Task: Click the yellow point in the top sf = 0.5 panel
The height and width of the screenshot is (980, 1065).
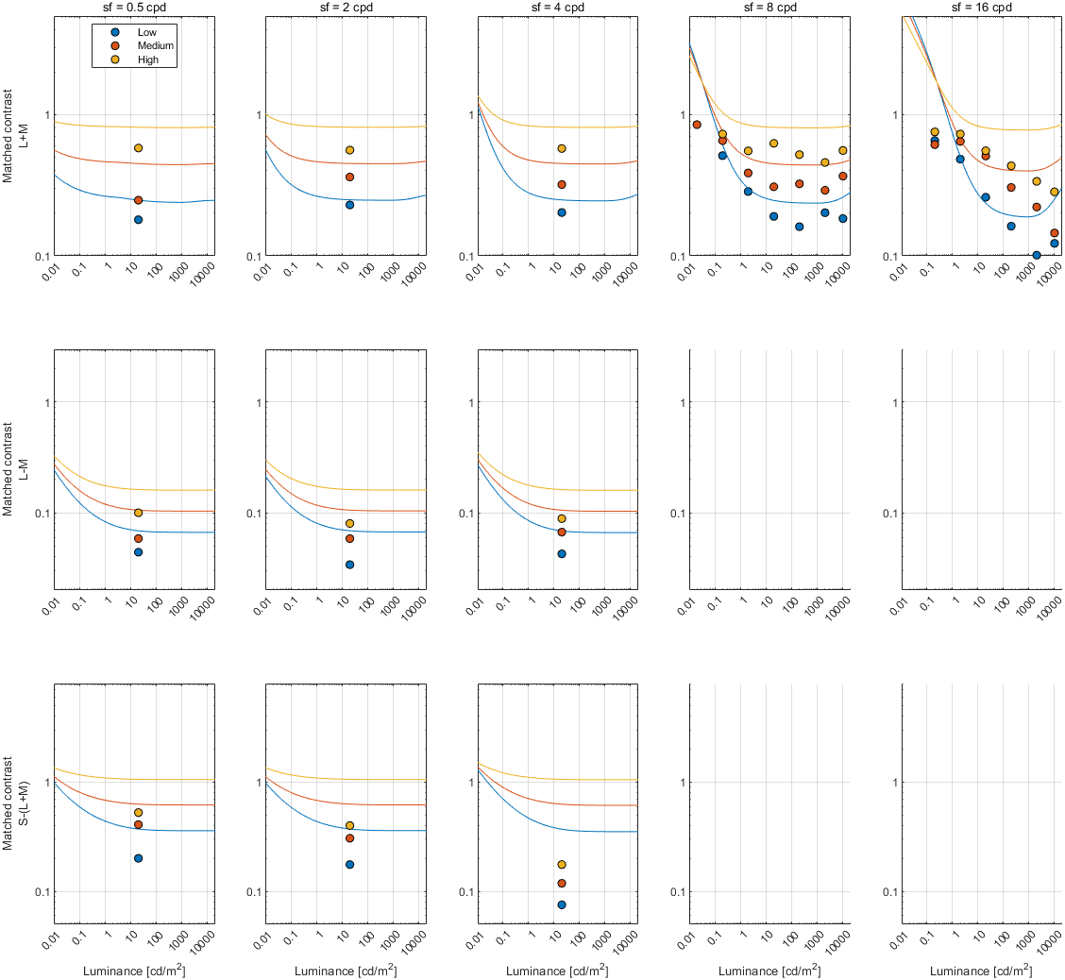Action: click(x=138, y=148)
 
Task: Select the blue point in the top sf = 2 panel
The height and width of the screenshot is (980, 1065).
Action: click(x=349, y=205)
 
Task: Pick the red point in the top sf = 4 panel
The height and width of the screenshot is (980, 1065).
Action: click(x=562, y=185)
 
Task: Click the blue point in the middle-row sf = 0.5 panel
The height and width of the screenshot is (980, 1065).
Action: click(x=138, y=552)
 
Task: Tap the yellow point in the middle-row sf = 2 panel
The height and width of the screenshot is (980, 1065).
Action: click(x=349, y=524)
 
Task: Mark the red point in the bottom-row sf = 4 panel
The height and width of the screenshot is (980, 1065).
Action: click(x=562, y=884)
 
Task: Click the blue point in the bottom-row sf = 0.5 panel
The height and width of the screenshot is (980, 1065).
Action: click(x=138, y=858)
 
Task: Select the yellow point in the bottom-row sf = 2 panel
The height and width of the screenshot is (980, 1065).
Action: click(x=349, y=826)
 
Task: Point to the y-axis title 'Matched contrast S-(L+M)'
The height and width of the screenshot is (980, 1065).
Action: click(x=13, y=802)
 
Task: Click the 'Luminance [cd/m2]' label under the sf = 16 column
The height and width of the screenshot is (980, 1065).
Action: click(x=982, y=971)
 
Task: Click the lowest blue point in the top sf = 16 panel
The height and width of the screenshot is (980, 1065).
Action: click(x=1037, y=255)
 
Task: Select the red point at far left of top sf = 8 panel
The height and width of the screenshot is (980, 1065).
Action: click(x=697, y=125)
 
